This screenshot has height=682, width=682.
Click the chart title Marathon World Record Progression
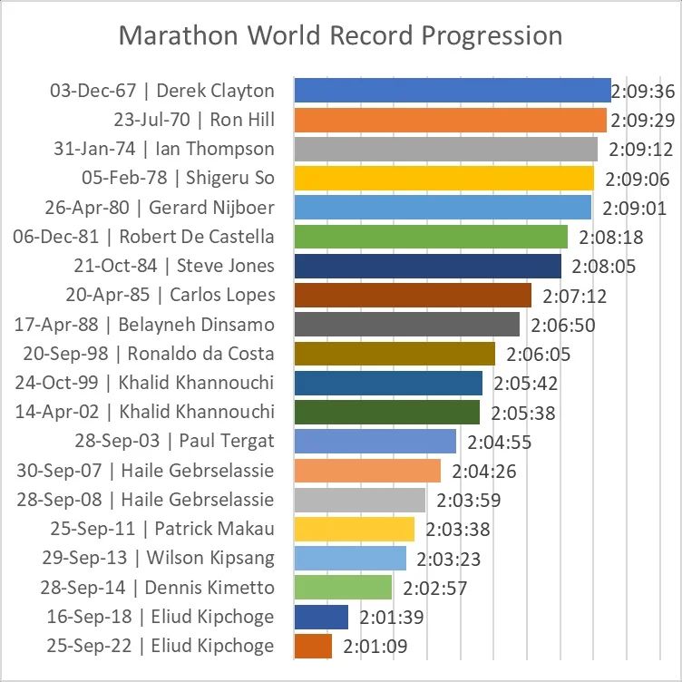[341, 36]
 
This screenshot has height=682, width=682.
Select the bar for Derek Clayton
[453, 91]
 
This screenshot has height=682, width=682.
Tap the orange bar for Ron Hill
[451, 120]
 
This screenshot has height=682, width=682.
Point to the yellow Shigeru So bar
[444, 179]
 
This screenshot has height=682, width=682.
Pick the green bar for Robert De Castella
[432, 237]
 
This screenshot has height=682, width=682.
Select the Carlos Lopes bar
[414, 296]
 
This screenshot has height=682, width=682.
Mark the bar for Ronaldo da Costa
[395, 354]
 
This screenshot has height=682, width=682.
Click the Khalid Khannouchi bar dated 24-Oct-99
[389, 383]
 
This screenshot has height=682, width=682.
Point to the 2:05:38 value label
[523, 413]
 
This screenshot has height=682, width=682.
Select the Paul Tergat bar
[375, 442]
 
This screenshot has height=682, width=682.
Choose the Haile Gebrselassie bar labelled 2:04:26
[368, 471]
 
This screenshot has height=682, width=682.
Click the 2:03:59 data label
[469, 500]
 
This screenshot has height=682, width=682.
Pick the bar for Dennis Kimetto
[344, 588]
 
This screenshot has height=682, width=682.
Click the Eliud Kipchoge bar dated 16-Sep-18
[322, 617]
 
